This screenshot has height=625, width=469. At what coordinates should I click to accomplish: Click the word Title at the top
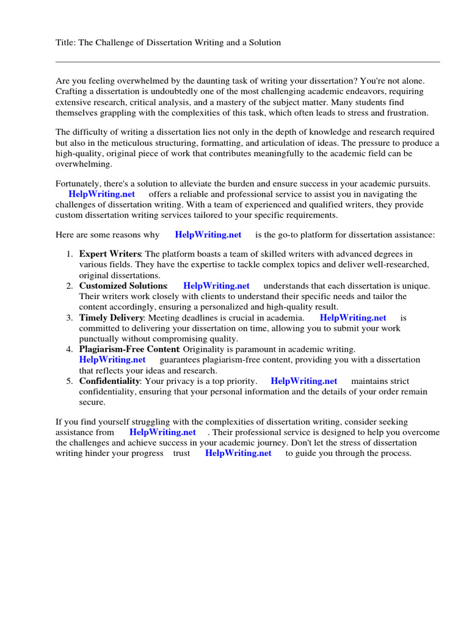click(x=65, y=43)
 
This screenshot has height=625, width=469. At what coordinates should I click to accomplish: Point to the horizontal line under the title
click(x=247, y=62)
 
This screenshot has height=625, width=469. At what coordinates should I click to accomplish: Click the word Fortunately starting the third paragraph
click(x=80, y=184)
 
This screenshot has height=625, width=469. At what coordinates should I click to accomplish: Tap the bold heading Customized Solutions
click(x=123, y=286)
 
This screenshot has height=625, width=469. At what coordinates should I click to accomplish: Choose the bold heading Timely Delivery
click(x=111, y=317)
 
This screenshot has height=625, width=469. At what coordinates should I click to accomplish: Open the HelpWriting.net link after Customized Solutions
click(x=216, y=286)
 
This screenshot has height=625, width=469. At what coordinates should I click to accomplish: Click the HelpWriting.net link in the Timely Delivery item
click(x=353, y=317)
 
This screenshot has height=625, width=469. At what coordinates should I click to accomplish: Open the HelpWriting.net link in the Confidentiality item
click(x=304, y=381)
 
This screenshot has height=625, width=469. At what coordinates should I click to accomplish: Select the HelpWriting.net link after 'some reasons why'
click(x=208, y=234)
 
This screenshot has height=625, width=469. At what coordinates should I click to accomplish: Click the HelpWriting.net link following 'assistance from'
click(x=162, y=432)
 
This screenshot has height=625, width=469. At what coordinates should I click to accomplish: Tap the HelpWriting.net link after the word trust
click(x=238, y=453)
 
